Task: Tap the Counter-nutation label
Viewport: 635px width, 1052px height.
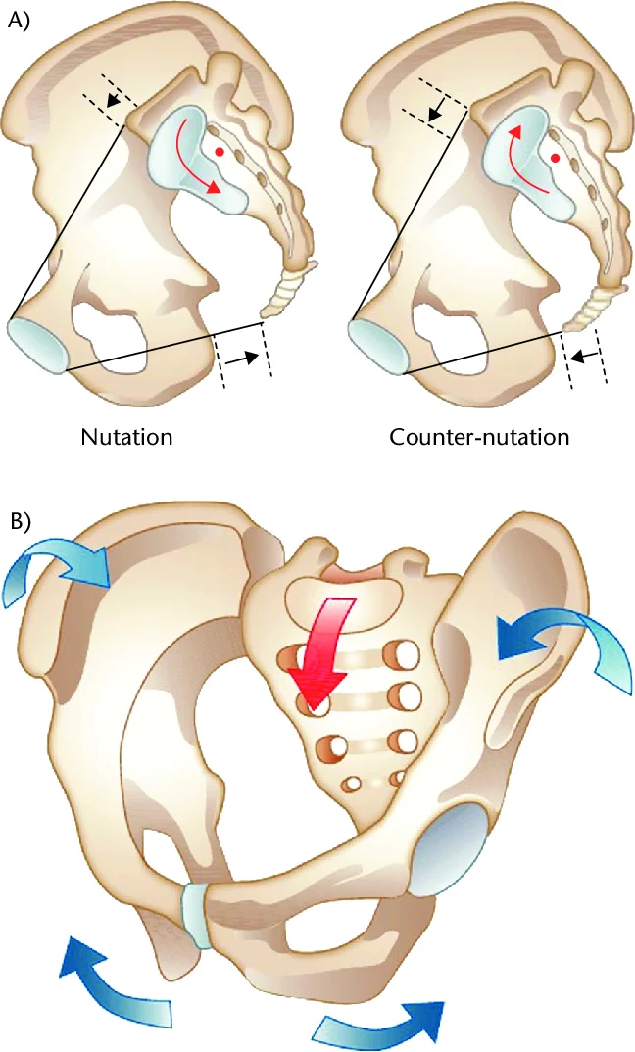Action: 479,436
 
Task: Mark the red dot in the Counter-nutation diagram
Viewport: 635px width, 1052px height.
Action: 556,157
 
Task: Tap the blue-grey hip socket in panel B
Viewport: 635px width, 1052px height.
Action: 446,847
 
